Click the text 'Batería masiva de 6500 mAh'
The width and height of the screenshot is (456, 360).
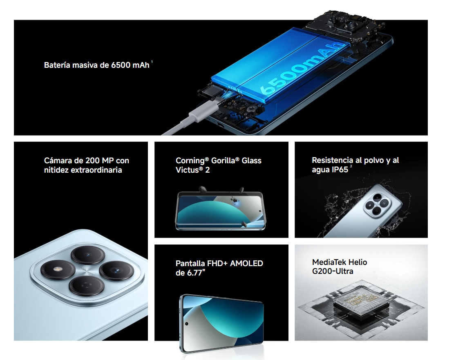(96, 65)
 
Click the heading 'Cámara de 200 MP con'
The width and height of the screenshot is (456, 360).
(86, 160)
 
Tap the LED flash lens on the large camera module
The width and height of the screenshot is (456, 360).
(58, 270)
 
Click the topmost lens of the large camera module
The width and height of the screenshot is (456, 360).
(88, 255)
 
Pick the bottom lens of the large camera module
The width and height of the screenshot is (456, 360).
(86, 286)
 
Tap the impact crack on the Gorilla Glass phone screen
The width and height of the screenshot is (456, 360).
(235, 200)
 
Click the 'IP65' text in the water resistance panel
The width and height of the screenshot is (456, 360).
(340, 170)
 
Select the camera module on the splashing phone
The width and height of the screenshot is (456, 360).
(377, 204)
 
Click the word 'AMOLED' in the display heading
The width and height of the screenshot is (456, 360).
(247, 263)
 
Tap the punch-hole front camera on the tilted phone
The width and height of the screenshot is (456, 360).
(187, 324)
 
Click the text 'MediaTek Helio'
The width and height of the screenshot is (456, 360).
(340, 262)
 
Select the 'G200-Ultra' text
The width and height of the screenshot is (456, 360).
(333, 271)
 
